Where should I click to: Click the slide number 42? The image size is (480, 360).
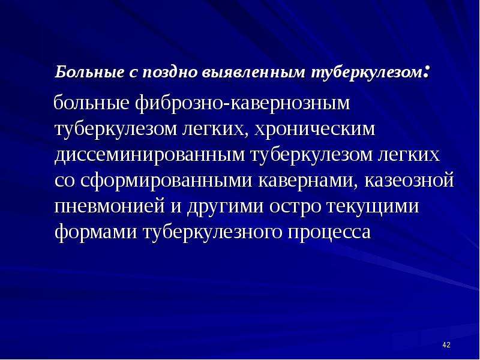pyautogui.click(x=446, y=345)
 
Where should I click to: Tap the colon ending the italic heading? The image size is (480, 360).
pyautogui.click(x=428, y=73)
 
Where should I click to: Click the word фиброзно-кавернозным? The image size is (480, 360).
pyautogui.click(x=242, y=103)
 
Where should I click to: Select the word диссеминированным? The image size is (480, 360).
pyautogui.click(x=150, y=155)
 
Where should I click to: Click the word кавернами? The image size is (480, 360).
pyautogui.click(x=308, y=181)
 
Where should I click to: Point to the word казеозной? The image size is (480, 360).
pyautogui.click(x=409, y=180)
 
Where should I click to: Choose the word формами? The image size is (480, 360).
pyautogui.click(x=96, y=233)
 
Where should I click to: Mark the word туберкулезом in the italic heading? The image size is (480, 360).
pyautogui.click(x=367, y=73)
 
